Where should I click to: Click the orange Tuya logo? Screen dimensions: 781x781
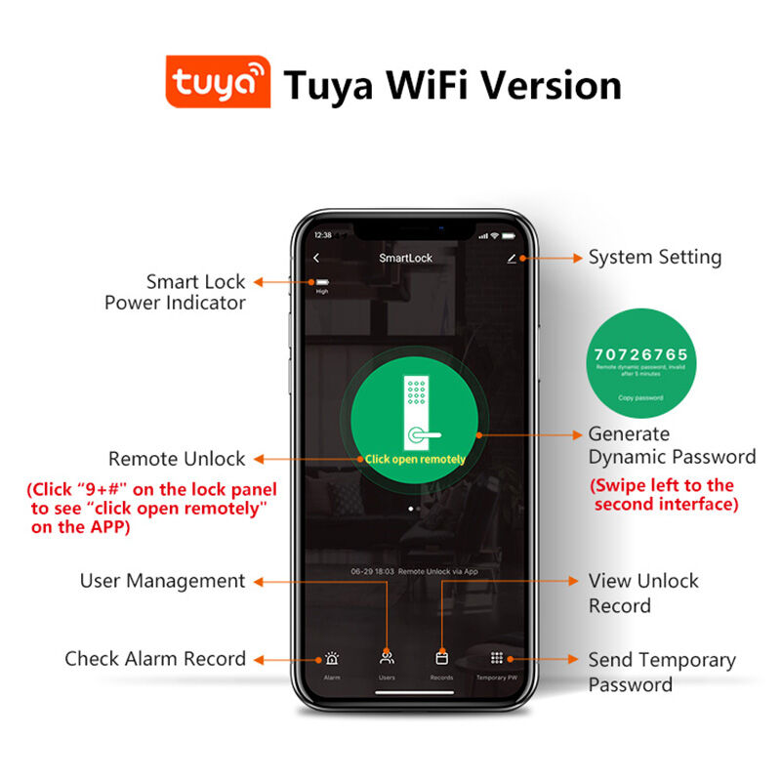point(218,85)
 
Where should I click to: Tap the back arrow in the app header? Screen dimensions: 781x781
point(317,258)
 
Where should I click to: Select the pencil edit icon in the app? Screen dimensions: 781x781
point(512,259)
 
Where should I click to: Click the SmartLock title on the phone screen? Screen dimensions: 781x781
point(405,259)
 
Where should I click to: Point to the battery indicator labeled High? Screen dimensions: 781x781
point(321,284)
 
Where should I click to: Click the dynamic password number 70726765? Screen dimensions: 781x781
point(640,353)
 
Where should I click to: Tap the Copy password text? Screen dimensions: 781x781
point(640,398)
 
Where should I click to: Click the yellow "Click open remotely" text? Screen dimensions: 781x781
point(415,459)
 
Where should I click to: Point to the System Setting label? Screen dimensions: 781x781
point(654,258)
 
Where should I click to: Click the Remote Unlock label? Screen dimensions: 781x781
point(177,459)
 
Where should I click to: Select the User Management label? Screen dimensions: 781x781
point(162,581)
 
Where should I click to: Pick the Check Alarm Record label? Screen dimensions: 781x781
point(155,659)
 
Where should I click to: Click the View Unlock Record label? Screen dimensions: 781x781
point(643,593)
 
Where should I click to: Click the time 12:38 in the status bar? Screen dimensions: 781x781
point(322,235)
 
